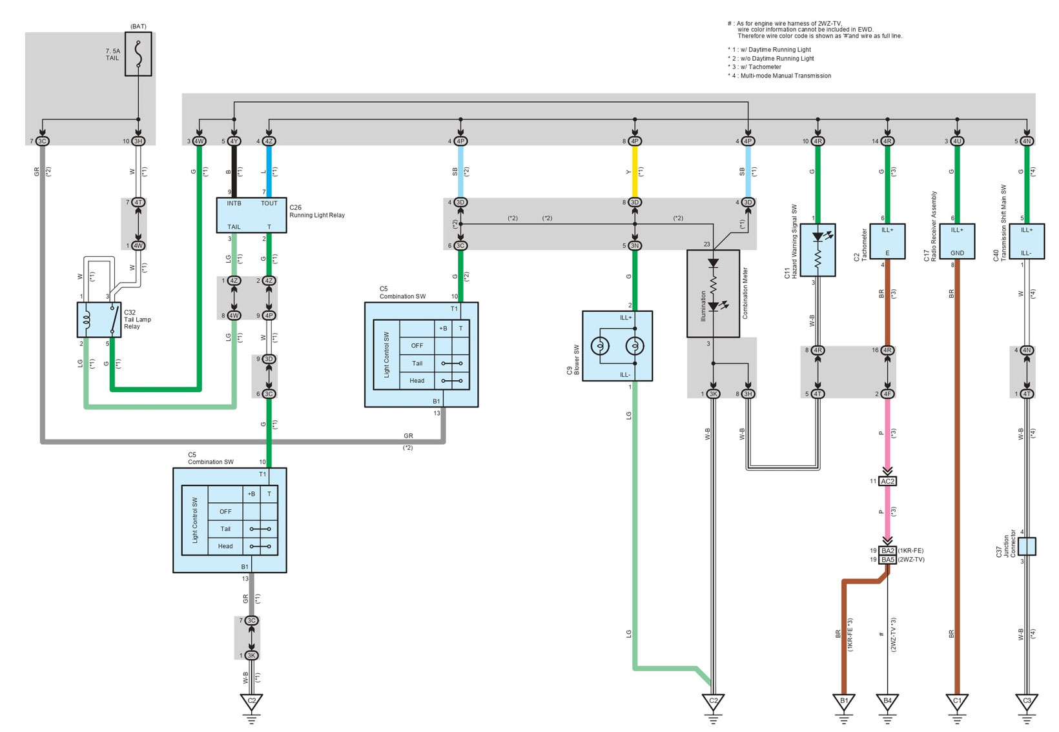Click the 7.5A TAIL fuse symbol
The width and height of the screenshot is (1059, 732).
(x=138, y=54)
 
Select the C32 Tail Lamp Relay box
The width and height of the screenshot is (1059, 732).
(x=99, y=320)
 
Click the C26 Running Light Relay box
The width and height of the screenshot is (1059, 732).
(x=251, y=215)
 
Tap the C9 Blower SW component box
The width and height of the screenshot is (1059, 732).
(x=617, y=346)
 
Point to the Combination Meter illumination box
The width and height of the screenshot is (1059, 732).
(x=713, y=294)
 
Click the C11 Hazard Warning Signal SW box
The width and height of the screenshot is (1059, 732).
(x=817, y=250)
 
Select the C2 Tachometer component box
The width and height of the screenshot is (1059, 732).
(x=887, y=241)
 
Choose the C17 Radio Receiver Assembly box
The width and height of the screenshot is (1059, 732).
(x=957, y=241)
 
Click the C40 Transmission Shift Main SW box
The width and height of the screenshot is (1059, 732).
(x=1027, y=241)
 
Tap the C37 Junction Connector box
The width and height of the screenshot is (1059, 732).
(x=1027, y=546)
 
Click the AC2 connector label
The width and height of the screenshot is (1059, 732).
(x=888, y=482)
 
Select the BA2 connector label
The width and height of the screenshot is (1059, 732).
(x=888, y=551)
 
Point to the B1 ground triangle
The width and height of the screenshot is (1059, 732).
(x=843, y=701)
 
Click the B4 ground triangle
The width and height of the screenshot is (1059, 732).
(x=887, y=701)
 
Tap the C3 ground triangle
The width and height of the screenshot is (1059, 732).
(x=1027, y=701)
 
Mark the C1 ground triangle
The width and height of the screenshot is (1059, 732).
(x=957, y=701)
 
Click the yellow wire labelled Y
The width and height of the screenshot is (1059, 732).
(x=635, y=172)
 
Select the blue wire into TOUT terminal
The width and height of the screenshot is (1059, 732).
(x=269, y=172)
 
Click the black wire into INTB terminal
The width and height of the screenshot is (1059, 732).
(x=234, y=172)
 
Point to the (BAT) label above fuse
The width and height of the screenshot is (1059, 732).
(x=138, y=26)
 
